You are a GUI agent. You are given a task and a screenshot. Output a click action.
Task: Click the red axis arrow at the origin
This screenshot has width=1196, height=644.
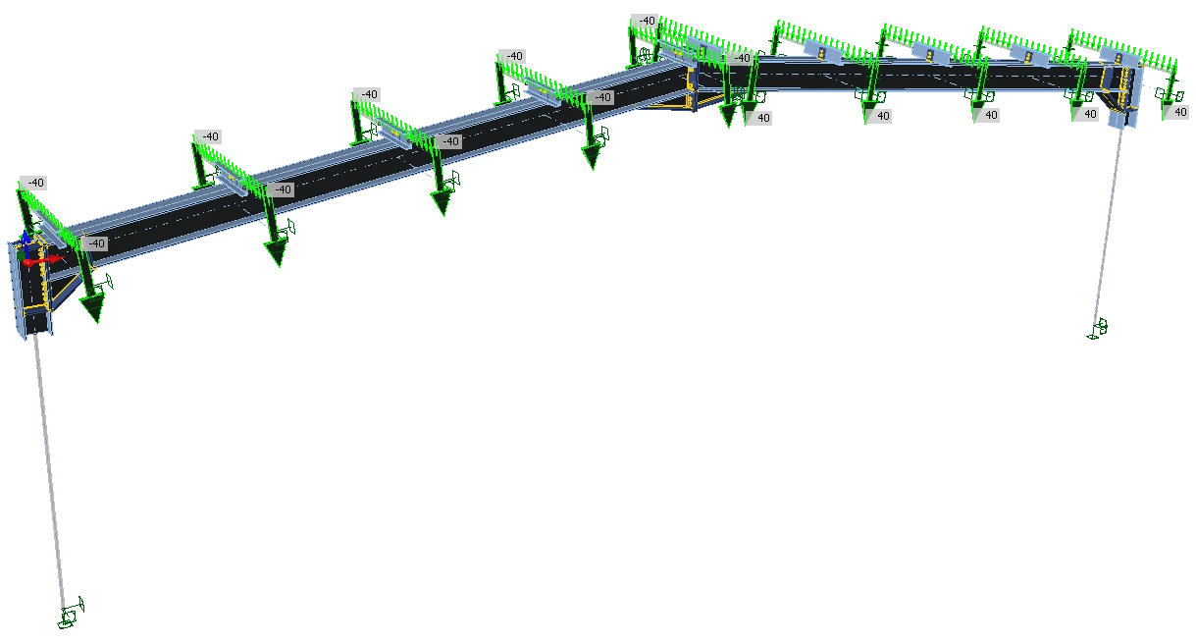point(44,261)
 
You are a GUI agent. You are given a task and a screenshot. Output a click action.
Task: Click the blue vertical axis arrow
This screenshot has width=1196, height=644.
point(26,241)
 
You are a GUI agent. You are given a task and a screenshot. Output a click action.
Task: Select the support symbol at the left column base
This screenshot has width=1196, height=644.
point(71,613)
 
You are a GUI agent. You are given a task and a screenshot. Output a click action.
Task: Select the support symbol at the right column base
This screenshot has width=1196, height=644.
point(1097,328)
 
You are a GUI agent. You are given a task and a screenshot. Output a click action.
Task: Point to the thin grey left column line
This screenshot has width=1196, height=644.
point(50,470)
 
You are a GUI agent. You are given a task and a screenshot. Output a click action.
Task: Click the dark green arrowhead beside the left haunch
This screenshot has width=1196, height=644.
point(92,308)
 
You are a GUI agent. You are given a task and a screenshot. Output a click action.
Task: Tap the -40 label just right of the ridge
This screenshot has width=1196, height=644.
point(742,58)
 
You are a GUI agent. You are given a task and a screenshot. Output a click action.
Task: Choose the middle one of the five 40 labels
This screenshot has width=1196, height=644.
point(990,116)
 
